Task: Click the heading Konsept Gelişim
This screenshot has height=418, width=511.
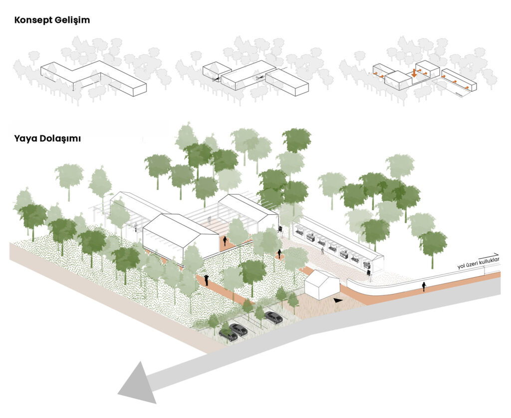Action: (52, 20)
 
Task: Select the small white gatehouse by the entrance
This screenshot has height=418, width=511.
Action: (322, 285)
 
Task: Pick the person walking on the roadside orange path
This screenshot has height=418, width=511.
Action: (424, 286)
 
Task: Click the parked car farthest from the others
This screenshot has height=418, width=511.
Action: (273, 317)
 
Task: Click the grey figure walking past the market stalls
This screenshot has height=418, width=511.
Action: (323, 251)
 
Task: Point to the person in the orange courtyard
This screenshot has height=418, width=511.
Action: (225, 241)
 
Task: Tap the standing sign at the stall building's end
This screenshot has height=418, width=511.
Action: (369, 273)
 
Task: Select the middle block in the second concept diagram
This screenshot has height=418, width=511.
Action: (248, 77)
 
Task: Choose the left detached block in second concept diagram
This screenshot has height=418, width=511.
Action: (217, 72)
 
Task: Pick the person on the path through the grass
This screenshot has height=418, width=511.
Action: (206, 280)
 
